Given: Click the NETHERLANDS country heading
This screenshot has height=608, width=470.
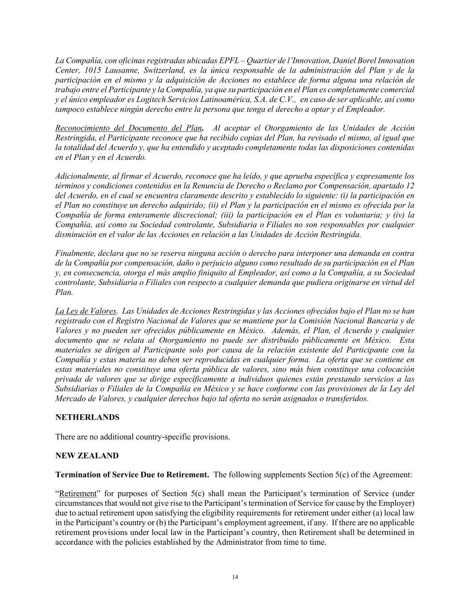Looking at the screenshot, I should [87, 417].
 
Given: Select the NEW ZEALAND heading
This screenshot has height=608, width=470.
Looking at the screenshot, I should [87, 456].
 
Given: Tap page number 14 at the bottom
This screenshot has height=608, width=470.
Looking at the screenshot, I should [235, 577].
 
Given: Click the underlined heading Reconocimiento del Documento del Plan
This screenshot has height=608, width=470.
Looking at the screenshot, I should [128, 128].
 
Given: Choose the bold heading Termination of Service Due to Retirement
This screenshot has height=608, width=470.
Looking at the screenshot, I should [132, 474].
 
